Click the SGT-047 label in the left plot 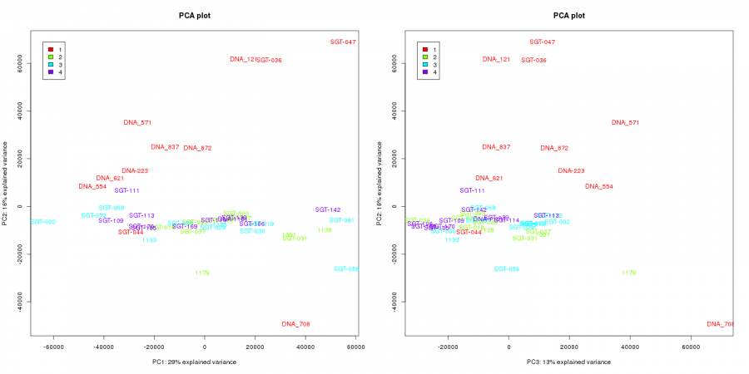[x=344, y=42]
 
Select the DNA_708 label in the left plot [x=295, y=324]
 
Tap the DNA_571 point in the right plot [x=625, y=122]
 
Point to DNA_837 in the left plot [x=165, y=147]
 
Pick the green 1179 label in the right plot [x=628, y=273]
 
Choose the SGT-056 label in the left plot [x=346, y=269]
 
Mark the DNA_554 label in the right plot [x=598, y=186]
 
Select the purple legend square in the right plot [x=425, y=72]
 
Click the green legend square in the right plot [x=425, y=57]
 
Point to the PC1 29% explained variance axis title [x=194, y=362]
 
